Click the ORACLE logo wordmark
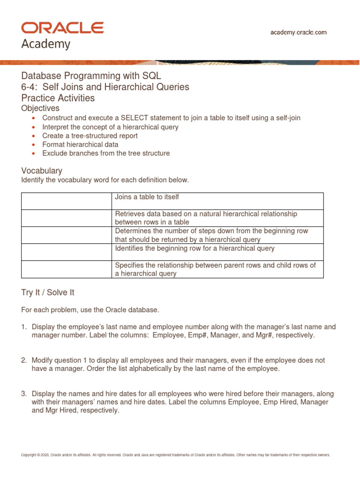point(62,28)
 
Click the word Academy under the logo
point(46,44)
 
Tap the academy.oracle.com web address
point(299,32)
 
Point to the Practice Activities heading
point(58,98)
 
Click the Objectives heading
point(40,108)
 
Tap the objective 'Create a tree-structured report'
point(90,135)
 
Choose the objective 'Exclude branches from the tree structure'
point(106,153)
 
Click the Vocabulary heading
point(42,171)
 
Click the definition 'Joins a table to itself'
point(147,197)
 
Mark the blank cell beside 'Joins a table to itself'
point(67,201)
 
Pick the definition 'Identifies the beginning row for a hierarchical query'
point(195,248)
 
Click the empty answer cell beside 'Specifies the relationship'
point(67,269)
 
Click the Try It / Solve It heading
point(48,292)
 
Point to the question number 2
point(23,360)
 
